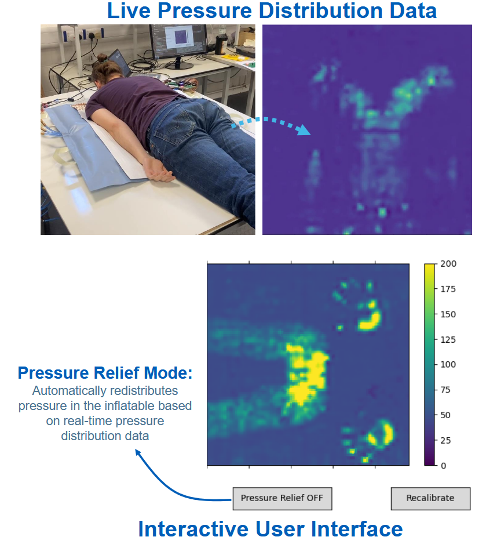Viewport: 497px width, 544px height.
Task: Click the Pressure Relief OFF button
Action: tap(282, 498)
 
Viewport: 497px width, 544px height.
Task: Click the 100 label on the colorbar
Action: tap(449, 365)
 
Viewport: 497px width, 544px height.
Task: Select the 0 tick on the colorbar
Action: tap(443, 466)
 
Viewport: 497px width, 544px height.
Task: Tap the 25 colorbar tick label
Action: tap(447, 441)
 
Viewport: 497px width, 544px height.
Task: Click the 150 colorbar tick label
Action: tap(449, 314)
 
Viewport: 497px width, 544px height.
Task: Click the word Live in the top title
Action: tap(129, 11)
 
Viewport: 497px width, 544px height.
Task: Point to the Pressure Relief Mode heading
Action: tap(105, 373)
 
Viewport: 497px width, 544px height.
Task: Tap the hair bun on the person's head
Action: tap(103, 58)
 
